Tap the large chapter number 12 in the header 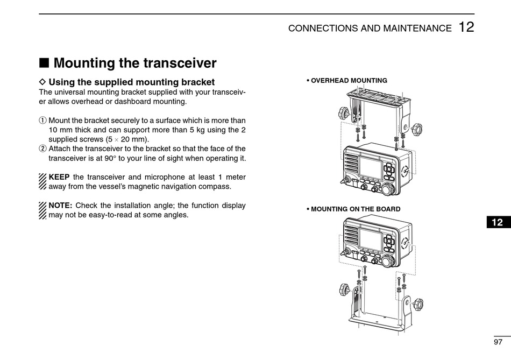(466, 27)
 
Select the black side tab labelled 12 (497, 222)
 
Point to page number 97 (498, 342)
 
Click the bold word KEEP (59, 177)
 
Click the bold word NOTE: (60, 205)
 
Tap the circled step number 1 (43, 121)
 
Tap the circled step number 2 (43, 149)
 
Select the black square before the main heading (45, 63)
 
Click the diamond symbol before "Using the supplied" (43, 82)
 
